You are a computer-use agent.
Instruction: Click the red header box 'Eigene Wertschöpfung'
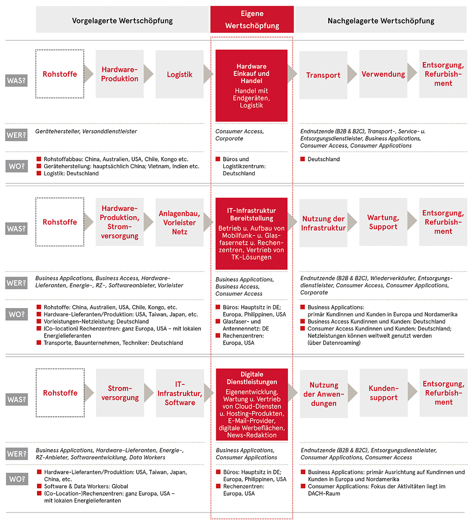[252, 20]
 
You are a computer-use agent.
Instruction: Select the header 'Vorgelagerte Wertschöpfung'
[122, 21]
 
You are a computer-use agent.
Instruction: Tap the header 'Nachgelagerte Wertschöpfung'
[381, 21]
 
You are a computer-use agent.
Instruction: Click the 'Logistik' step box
[179, 75]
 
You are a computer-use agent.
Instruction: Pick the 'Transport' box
[323, 75]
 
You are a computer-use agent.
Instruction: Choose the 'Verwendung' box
[383, 74]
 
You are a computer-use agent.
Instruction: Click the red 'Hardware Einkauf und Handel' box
[251, 86]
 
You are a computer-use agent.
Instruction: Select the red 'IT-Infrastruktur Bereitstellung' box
[251, 233]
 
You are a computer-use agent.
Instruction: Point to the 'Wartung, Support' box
[383, 222]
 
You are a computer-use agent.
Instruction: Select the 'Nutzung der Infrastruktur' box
[323, 223]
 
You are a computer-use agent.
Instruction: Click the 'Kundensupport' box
[383, 393]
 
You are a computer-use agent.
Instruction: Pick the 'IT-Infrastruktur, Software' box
[179, 393]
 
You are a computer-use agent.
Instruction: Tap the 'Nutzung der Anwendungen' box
[323, 394]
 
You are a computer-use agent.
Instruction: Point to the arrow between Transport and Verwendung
[353, 74]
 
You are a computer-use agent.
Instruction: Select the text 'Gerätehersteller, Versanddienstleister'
[87, 131]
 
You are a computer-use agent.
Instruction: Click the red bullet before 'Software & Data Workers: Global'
[39, 486]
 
